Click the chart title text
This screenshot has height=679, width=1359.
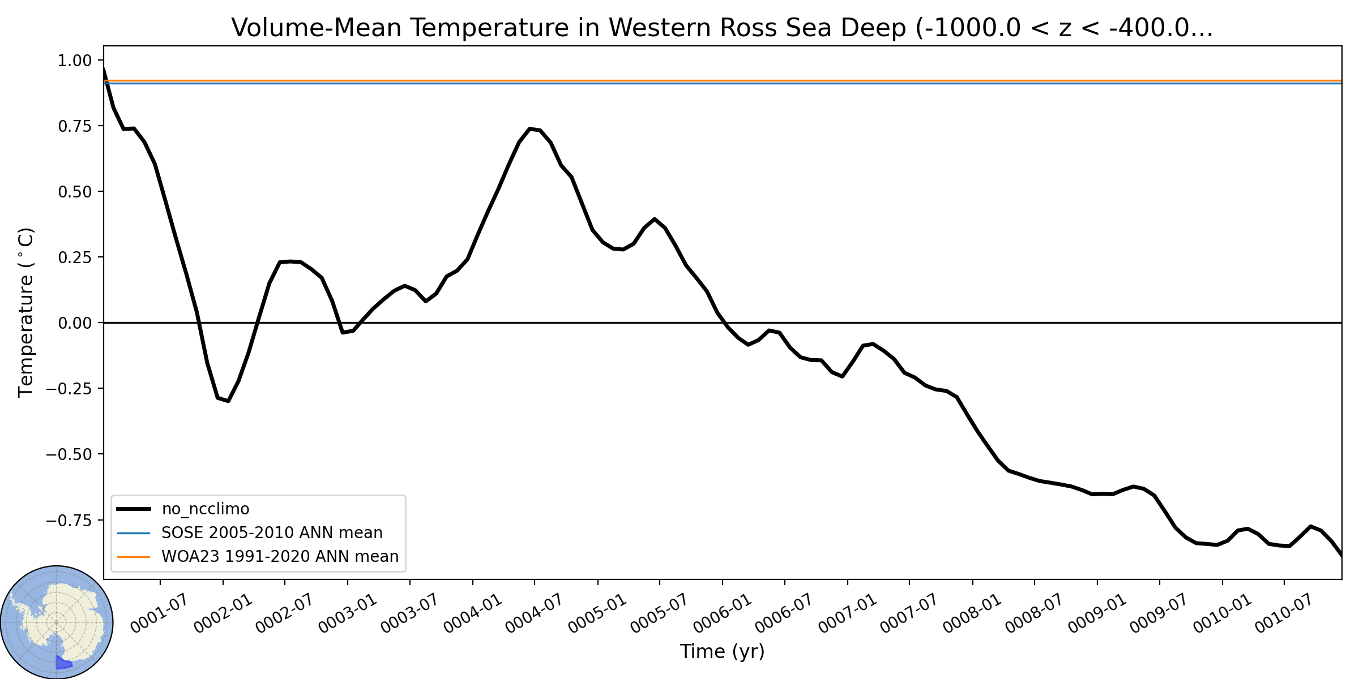coord(722,28)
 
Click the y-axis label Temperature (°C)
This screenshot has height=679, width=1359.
coord(27,312)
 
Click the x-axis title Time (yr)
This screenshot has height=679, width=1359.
coord(722,651)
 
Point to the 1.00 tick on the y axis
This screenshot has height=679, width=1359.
coord(74,61)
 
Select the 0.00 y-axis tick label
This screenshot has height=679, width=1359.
coord(74,323)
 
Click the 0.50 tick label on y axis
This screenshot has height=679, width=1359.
coord(74,192)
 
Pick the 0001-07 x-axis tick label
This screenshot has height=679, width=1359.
coord(159,613)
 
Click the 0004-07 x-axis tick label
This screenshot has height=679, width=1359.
coord(534,613)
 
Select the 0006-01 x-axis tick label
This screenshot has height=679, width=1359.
coord(722,613)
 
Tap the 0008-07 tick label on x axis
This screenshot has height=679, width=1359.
coord(1034,613)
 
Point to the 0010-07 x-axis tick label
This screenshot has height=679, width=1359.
coord(1284,613)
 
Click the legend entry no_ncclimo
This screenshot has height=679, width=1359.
coord(206,509)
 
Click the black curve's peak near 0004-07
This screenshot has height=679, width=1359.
coord(530,128)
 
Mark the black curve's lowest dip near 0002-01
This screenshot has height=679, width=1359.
coord(228,401)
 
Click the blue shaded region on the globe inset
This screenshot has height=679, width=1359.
coord(62,663)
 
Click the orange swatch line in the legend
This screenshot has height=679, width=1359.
coord(134,557)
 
